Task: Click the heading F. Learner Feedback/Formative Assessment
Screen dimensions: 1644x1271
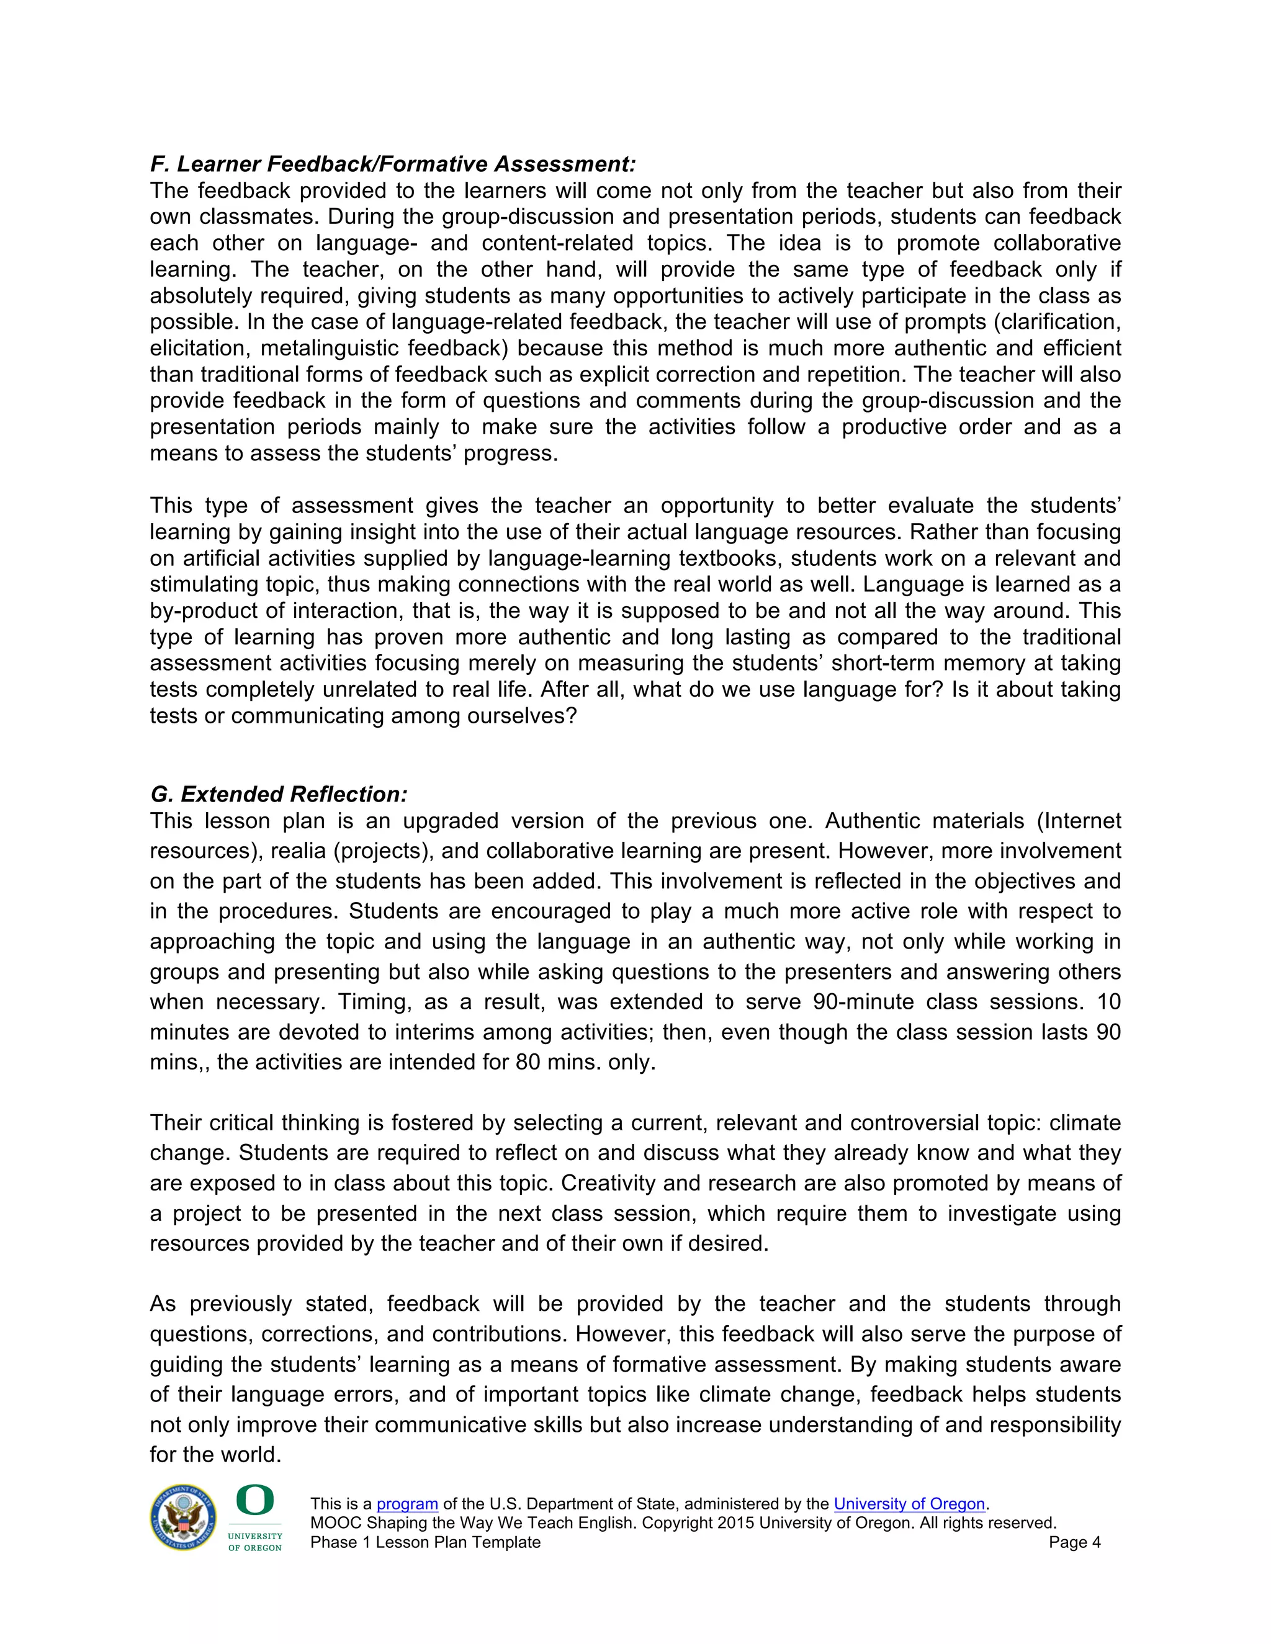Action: click(393, 164)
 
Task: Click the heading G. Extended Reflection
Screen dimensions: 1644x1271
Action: click(279, 794)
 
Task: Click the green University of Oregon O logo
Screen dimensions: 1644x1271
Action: click(254, 1500)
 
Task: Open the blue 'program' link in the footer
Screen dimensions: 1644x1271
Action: click(406, 1504)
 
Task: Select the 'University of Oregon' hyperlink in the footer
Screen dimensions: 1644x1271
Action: click(909, 1504)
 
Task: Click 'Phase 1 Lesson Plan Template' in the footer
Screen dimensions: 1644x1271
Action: click(425, 1542)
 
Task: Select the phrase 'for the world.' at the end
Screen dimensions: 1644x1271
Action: click(215, 1454)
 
